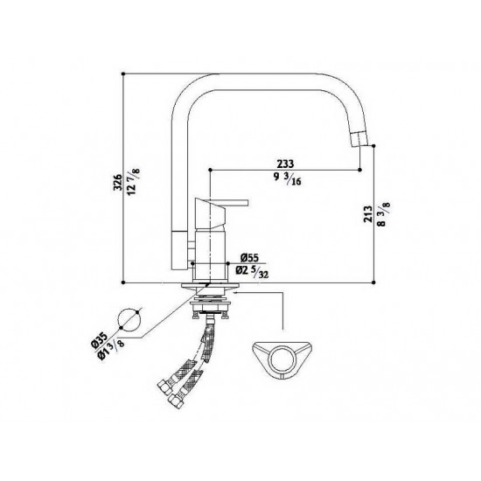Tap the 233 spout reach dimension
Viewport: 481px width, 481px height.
tap(285, 164)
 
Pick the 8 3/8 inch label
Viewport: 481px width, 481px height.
tap(383, 214)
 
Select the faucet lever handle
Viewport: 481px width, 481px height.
tap(224, 207)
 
